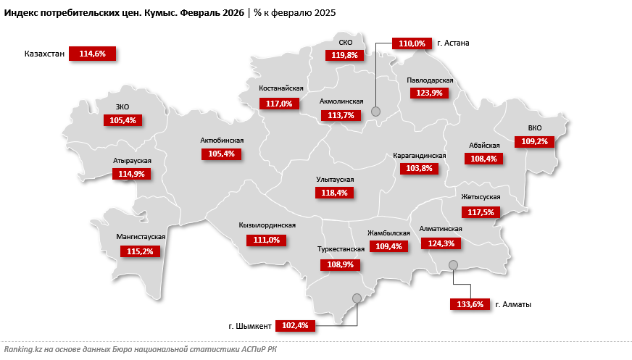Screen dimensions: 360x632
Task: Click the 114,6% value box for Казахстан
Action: pyautogui.click(x=92, y=54)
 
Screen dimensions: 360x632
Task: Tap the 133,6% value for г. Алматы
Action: pyautogui.click(x=467, y=304)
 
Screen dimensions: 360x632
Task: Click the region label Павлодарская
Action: pyautogui.click(x=430, y=80)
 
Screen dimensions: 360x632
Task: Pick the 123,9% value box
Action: pyautogui.click(x=430, y=93)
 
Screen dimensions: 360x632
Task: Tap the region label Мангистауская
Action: pyautogui.click(x=141, y=237)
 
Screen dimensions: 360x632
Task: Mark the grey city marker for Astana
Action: pyautogui.click(x=375, y=111)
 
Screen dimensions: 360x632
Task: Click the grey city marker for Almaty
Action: pyautogui.click(x=453, y=265)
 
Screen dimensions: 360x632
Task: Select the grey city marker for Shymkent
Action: pyautogui.click(x=356, y=298)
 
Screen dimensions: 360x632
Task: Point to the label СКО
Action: pyautogui.click(x=346, y=43)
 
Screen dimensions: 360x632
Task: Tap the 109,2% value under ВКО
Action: pyautogui.click(x=536, y=142)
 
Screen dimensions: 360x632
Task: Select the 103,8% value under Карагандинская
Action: pyautogui.click(x=419, y=169)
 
